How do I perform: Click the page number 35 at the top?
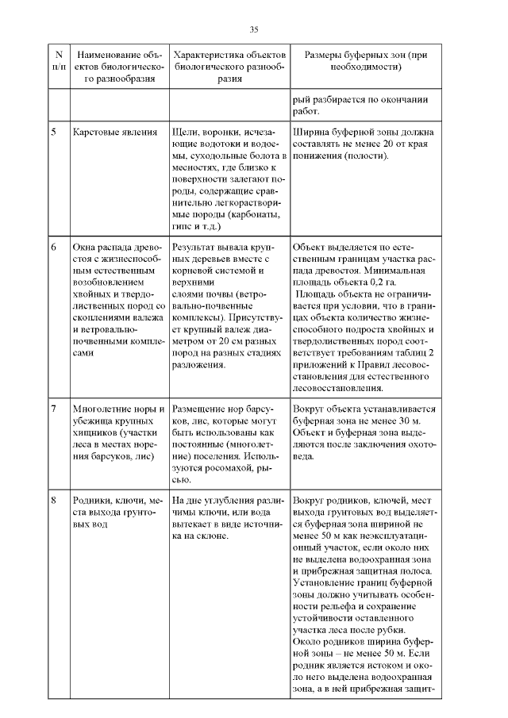pyautogui.click(x=254, y=29)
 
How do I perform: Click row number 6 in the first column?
pyautogui.click(x=54, y=248)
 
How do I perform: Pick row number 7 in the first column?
pyautogui.click(x=54, y=409)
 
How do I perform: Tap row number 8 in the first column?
pyautogui.click(x=54, y=501)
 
